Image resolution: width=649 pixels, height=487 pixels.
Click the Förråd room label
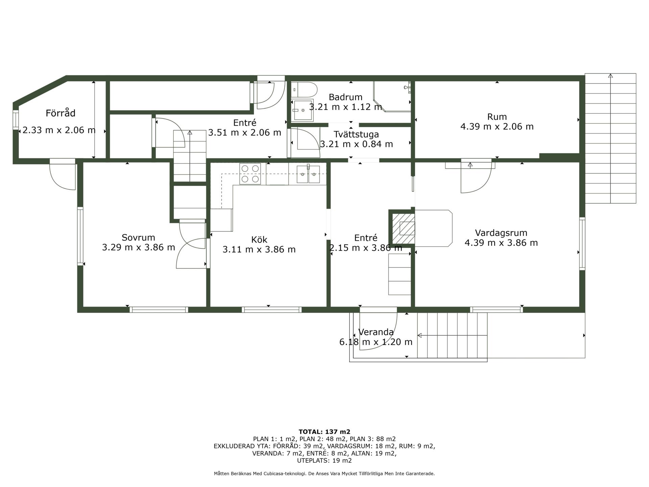point(61,113)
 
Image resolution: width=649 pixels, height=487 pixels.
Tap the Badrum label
point(345,97)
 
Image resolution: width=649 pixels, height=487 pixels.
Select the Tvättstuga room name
point(356,135)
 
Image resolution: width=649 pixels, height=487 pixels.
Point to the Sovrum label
point(138,237)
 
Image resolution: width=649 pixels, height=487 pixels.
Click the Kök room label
point(259,240)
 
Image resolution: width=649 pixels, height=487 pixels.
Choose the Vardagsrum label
point(501,233)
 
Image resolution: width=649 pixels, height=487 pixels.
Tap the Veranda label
point(376,332)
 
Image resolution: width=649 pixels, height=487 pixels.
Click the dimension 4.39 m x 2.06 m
point(497,127)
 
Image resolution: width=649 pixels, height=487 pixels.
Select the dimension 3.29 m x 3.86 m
point(139,248)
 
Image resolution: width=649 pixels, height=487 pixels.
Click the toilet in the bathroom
point(304,90)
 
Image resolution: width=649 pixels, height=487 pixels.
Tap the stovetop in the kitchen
point(250,174)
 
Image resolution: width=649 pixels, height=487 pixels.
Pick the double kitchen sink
point(308,174)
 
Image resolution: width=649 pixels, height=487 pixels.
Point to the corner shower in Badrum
point(392,96)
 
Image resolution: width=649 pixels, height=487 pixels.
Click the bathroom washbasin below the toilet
point(303,110)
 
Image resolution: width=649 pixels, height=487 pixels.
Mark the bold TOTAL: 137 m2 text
point(324,432)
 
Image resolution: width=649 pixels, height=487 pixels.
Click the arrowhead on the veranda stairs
point(420,335)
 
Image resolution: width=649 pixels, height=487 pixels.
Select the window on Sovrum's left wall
point(80,236)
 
